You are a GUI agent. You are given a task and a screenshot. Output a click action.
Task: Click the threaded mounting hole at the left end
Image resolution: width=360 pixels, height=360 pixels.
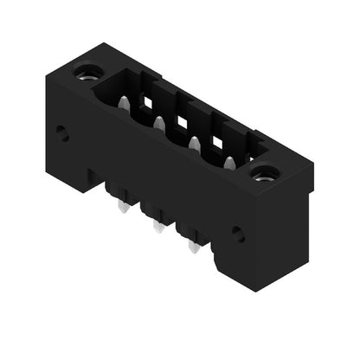pyautogui.click(x=86, y=71)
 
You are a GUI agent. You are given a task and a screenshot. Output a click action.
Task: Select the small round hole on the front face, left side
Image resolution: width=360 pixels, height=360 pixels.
pyautogui.click(x=62, y=134)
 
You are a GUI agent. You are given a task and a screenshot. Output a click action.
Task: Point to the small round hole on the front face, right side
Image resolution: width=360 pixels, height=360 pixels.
pyautogui.click(x=238, y=234)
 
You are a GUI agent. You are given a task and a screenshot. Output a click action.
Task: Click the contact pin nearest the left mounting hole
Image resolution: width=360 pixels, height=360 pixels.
pyautogui.click(x=124, y=104)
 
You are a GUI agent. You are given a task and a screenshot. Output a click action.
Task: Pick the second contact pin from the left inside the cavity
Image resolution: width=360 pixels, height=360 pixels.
pyautogui.click(x=159, y=125)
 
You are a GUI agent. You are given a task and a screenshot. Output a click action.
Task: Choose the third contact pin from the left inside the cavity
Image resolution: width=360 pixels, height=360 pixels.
pyautogui.click(x=195, y=144)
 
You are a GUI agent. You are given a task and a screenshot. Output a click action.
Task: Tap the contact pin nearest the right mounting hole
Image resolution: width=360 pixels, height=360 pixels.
pyautogui.click(x=228, y=163)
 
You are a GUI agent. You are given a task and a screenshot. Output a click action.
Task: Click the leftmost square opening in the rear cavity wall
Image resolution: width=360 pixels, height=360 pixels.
pyautogui.click(x=148, y=100)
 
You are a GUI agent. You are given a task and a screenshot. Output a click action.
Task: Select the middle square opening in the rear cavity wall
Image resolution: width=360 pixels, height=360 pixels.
pyautogui.click(x=183, y=119)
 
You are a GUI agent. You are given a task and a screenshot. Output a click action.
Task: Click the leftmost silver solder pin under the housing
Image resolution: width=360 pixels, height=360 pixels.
pyautogui.click(x=123, y=208)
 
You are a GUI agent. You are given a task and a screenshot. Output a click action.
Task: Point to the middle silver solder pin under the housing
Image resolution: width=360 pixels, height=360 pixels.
pyautogui.click(x=157, y=228)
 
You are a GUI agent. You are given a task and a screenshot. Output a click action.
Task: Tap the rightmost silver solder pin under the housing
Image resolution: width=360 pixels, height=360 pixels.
pyautogui.click(x=192, y=247)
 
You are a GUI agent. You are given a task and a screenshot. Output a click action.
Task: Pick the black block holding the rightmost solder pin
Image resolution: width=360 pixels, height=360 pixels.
pyautogui.click(x=192, y=232)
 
